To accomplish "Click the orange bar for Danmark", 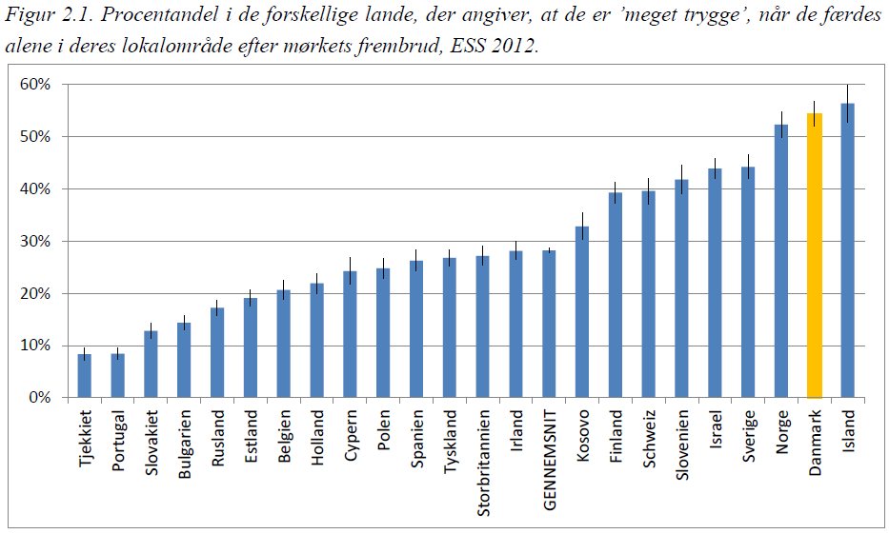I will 814,255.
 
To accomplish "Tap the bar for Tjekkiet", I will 85,376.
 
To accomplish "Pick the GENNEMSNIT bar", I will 549,324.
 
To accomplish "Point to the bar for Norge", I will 781,261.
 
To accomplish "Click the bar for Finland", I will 616,295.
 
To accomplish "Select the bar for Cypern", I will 350,334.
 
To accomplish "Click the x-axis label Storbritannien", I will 483,464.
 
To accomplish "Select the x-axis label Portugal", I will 118,441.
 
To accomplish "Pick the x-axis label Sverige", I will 748,435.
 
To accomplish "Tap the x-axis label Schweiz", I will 649,437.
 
